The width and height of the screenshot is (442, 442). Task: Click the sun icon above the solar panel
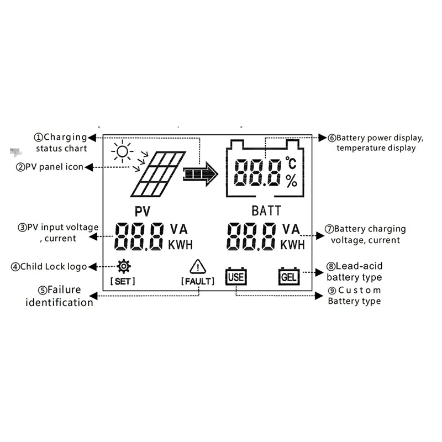[122, 150]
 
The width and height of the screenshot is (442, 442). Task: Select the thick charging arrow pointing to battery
[201, 174]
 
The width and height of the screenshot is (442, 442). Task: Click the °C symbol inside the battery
[291, 163]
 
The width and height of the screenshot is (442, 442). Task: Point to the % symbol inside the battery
[291, 181]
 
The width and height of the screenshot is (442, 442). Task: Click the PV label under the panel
[143, 211]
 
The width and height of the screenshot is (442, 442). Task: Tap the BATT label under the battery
[266, 211]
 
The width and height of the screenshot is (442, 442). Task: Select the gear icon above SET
[123, 267]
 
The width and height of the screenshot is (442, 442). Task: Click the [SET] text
[123, 281]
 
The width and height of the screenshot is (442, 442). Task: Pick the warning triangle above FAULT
[197, 267]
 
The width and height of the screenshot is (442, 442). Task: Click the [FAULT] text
[197, 281]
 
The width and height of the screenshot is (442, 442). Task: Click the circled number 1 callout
[39, 137]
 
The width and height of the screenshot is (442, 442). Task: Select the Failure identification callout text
[59, 296]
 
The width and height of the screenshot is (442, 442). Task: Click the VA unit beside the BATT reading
[291, 228]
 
